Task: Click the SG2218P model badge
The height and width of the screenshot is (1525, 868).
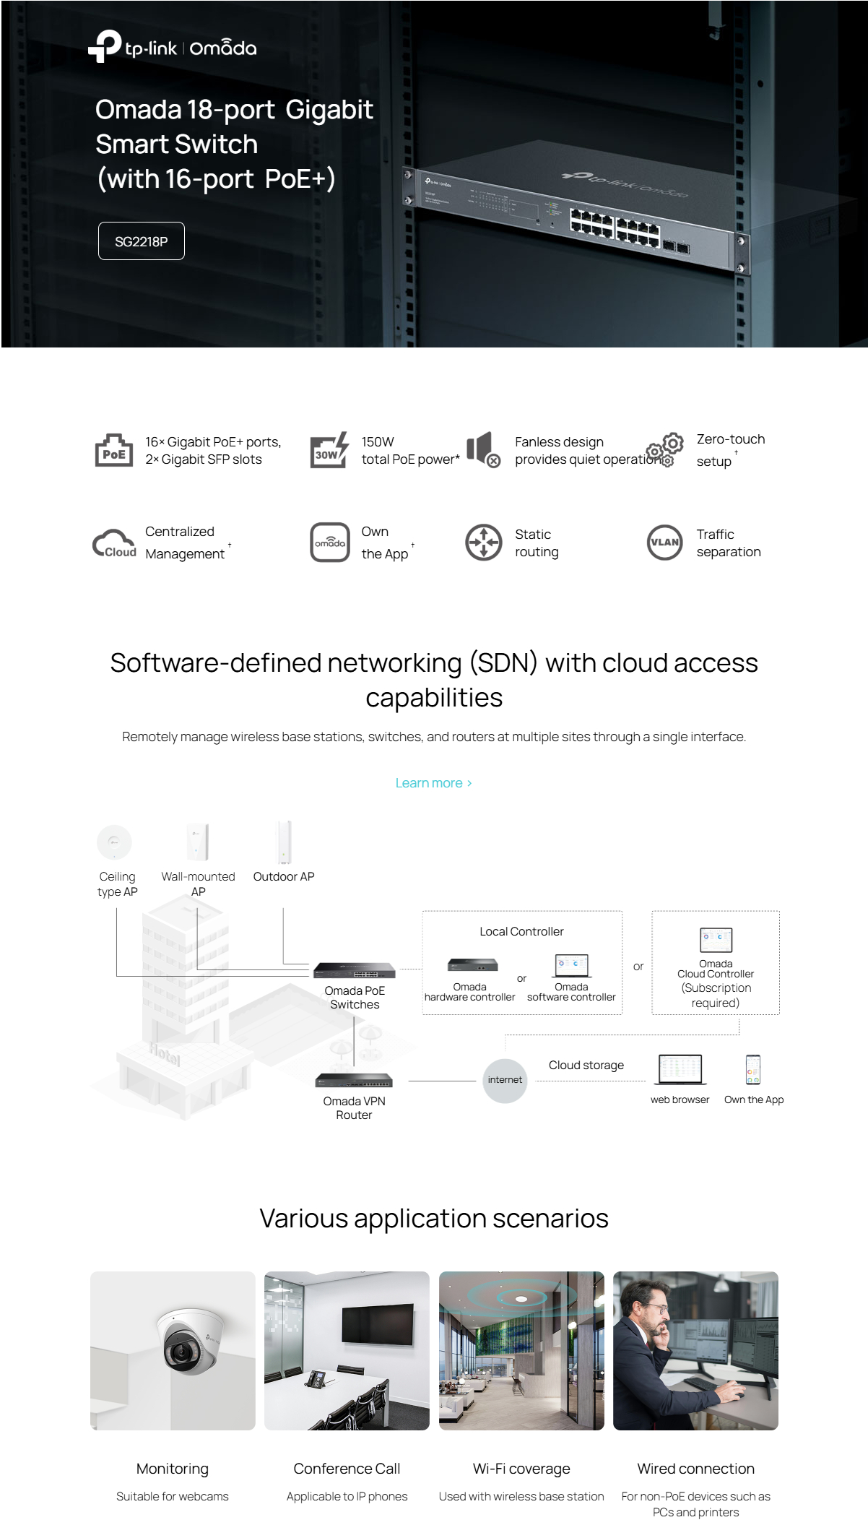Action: pos(142,241)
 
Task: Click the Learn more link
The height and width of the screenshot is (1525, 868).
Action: pos(433,783)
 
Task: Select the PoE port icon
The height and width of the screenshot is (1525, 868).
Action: pos(114,451)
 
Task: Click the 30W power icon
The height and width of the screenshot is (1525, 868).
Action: pos(329,451)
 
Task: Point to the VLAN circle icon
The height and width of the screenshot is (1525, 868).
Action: pos(664,543)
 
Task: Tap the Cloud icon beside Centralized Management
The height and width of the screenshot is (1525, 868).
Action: pos(114,543)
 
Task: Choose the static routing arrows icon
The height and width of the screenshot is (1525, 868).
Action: pos(483,543)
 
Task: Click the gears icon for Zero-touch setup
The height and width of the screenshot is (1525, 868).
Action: pos(665,450)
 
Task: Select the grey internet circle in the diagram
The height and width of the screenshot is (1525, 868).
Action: pos(505,1080)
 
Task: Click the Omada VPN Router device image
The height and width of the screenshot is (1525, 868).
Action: pos(354,1081)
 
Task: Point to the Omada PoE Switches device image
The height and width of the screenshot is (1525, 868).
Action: pos(355,970)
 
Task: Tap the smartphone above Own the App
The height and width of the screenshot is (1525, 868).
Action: pos(753,1070)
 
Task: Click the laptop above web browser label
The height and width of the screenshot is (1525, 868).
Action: pos(680,1069)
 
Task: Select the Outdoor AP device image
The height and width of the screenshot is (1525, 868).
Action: pos(285,842)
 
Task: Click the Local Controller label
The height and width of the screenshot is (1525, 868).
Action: pos(521,932)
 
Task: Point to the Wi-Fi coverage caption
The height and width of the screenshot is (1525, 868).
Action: pos(521,1469)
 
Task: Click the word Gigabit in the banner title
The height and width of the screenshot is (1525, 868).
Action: pos(329,110)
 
